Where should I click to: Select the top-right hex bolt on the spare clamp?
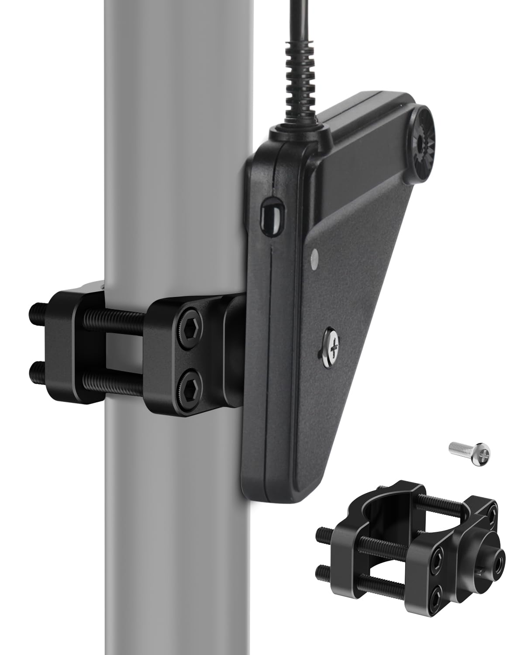pyautogui.click(x=493, y=513)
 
